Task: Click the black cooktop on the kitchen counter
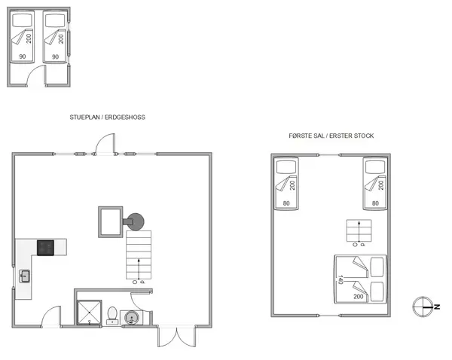46,247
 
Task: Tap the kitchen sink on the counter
25,277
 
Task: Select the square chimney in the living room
109,221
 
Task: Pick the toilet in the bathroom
111,314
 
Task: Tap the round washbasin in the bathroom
132,318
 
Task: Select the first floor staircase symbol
359,231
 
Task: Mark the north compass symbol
423,306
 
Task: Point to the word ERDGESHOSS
124,117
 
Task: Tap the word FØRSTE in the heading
301,136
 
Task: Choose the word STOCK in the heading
364,136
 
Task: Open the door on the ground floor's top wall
107,145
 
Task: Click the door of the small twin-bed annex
35,75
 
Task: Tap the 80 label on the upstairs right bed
375,202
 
